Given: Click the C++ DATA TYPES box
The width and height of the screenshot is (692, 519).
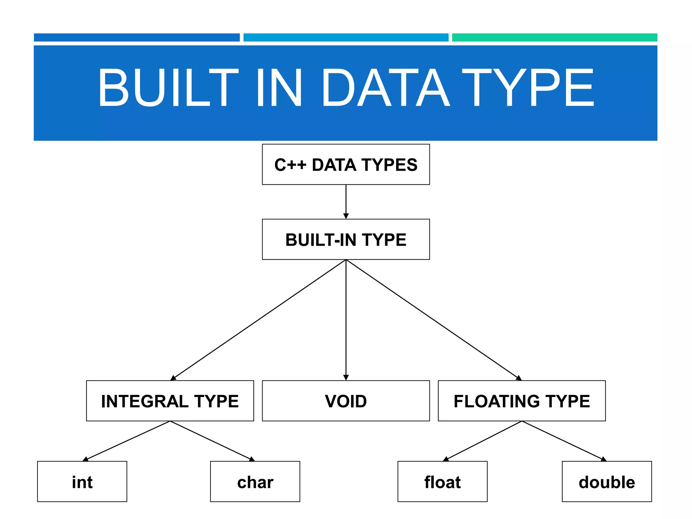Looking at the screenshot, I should coord(346,165).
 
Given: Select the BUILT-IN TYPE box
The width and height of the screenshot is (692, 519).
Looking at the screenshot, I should coord(346,239).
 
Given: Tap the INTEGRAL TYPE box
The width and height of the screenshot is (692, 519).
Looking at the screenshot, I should coord(170,401).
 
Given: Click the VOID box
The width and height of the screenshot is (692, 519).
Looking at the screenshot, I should coord(346,401).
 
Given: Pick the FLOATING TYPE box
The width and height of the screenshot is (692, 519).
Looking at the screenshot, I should coord(521,401).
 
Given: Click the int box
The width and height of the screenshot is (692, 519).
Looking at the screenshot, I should coord(82,481).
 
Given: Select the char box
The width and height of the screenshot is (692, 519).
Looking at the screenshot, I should coord(255,481).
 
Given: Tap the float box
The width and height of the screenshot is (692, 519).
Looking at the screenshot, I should coord(442,481).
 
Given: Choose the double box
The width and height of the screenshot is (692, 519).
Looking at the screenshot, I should coord(607,481).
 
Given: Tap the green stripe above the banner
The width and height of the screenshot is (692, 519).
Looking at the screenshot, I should coord(554,38).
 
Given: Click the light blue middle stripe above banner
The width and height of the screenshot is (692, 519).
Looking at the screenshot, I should coord(346,38).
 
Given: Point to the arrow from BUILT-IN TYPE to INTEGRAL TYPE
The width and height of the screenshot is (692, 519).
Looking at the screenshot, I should coord(259,320).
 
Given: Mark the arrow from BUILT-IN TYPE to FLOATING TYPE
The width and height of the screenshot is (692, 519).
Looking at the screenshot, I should coord(434,320).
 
